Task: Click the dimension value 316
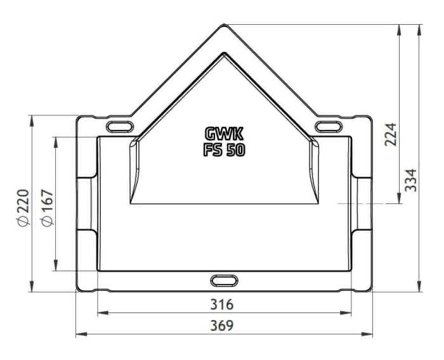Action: (222, 304)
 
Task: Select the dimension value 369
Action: (222, 326)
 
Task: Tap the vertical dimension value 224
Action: (391, 134)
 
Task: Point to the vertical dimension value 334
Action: (411, 180)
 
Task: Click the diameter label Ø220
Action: (23, 207)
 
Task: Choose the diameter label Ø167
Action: (47, 207)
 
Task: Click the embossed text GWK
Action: (224, 134)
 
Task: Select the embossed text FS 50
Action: (224, 150)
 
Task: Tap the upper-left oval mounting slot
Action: (120, 127)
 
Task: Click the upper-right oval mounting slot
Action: (329, 126)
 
